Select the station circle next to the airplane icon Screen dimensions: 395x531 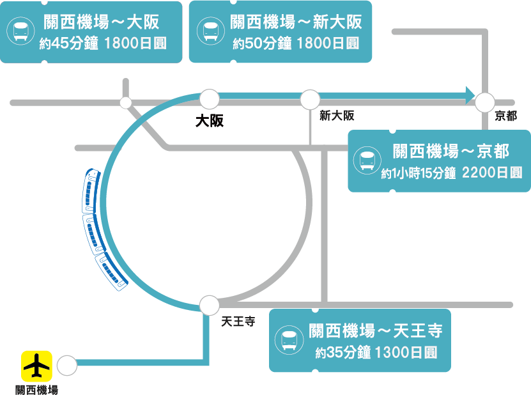click(66, 366)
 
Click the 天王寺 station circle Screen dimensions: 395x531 click(209, 306)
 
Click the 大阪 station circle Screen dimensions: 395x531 click(210, 99)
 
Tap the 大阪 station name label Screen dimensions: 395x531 click(210, 120)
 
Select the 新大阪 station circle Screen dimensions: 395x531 click(310, 99)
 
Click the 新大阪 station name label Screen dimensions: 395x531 click(337, 116)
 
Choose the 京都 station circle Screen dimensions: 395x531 click(484, 101)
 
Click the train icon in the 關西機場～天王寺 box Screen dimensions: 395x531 click(289, 340)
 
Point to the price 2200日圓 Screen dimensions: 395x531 click(491, 173)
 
